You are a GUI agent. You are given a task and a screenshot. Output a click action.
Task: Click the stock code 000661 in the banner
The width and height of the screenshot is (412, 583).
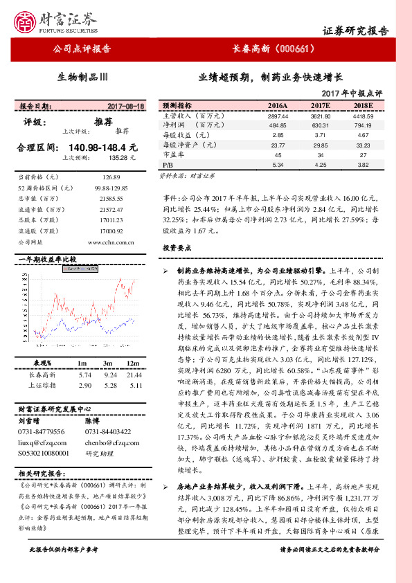coord(295,48)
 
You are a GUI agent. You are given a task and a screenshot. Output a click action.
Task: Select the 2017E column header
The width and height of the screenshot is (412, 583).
coord(319,105)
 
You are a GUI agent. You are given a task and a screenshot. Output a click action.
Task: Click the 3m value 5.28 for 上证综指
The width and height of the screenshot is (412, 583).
coord(109,385)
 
